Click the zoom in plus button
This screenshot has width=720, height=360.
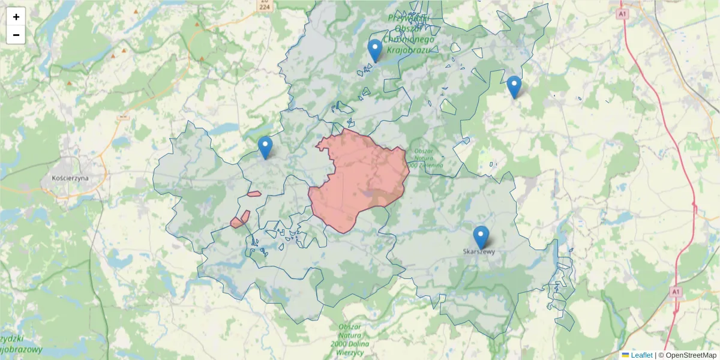16,17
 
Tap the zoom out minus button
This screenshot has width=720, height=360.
16,35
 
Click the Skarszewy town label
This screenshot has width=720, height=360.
479,252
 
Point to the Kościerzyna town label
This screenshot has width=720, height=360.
70,178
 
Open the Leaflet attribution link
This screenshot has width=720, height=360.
641,355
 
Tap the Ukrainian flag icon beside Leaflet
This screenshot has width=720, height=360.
626,355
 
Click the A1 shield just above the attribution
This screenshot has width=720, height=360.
676,292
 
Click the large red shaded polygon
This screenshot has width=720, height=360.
360,180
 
